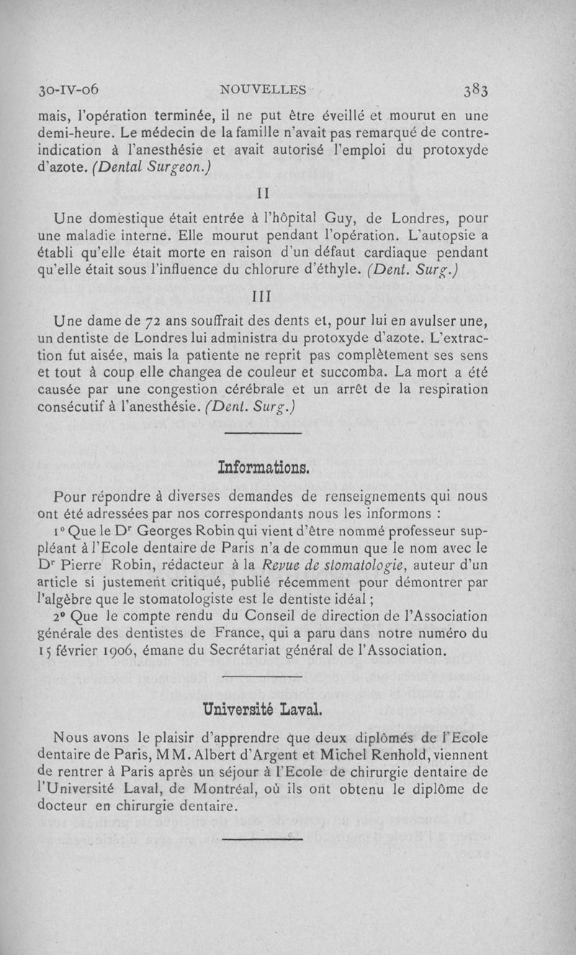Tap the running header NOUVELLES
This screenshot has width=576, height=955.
(x=264, y=90)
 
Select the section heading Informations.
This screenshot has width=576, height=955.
(x=263, y=469)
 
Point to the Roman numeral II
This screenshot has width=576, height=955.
(x=263, y=194)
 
